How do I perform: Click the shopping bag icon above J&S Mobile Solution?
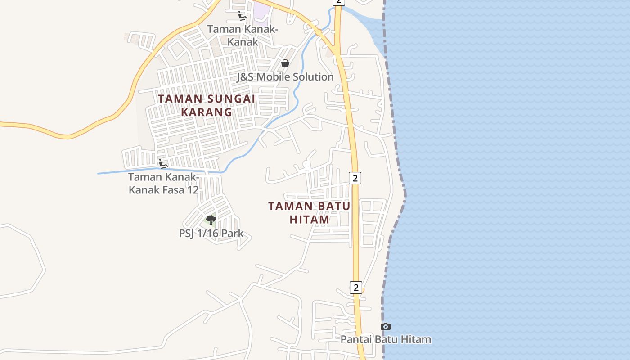(285, 63)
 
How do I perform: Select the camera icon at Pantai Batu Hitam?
(386, 326)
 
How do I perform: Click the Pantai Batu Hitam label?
(386, 339)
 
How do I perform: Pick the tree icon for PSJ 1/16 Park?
(211, 220)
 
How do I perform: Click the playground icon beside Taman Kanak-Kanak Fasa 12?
(163, 163)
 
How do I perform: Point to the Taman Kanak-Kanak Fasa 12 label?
(163, 184)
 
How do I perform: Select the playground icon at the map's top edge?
(242, 16)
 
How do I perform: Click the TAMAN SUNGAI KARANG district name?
(207, 105)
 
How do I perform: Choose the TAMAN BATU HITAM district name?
(309, 213)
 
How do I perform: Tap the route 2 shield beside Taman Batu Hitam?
(355, 178)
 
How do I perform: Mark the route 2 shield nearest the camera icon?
(356, 287)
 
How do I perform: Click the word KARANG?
(207, 112)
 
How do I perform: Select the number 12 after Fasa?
(192, 190)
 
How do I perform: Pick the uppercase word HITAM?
(309, 220)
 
